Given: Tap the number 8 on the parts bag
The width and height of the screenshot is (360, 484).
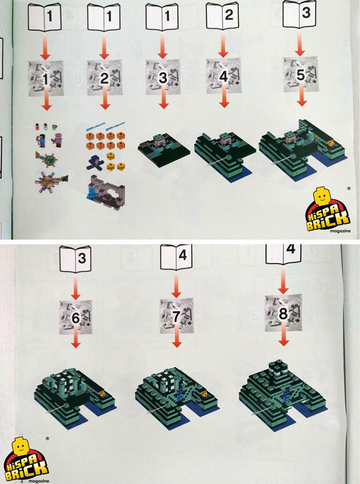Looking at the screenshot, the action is [283, 314].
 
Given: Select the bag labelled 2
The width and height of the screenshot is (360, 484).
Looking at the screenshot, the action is [104, 78].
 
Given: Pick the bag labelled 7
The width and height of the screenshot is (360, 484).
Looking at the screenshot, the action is [177, 315].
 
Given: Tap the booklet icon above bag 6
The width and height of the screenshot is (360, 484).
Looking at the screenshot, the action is [75, 259].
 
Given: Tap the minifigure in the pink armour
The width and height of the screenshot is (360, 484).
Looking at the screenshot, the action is [58, 140].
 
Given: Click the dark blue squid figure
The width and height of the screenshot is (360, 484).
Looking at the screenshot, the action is [96, 163].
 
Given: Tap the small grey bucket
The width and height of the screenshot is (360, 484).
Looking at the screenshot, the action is [55, 126].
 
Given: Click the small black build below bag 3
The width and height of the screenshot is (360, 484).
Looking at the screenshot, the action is [164, 150].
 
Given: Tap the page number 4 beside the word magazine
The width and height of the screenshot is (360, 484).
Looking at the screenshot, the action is [22, 481].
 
